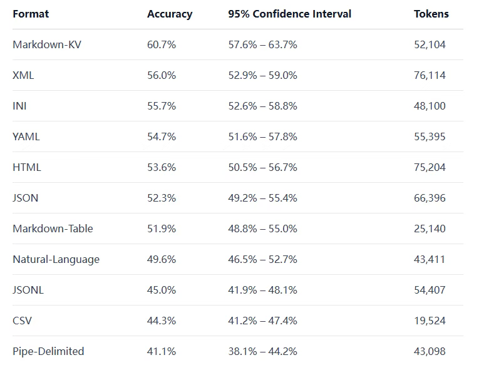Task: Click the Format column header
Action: [x=31, y=14]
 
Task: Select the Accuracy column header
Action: [x=170, y=14]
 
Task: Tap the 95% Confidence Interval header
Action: [x=289, y=14]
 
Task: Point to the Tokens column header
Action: [x=431, y=14]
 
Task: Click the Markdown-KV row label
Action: [x=46, y=44]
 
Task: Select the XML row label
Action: [x=23, y=75]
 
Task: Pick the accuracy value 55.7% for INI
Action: [x=162, y=106]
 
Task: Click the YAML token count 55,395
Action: [x=430, y=136]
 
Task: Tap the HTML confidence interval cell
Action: [x=262, y=167]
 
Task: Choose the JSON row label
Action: [x=25, y=198]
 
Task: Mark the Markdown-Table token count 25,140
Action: [x=430, y=229]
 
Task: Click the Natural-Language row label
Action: [x=56, y=259]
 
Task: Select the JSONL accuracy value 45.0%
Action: [x=162, y=290]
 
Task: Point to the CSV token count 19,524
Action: [x=430, y=321]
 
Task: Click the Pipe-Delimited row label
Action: [x=48, y=351]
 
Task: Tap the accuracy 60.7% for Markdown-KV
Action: [x=162, y=44]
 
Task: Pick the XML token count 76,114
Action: [x=430, y=75]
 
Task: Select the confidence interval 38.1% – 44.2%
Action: [x=262, y=351]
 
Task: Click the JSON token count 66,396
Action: [x=430, y=198]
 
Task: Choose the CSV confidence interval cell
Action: [x=262, y=321]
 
